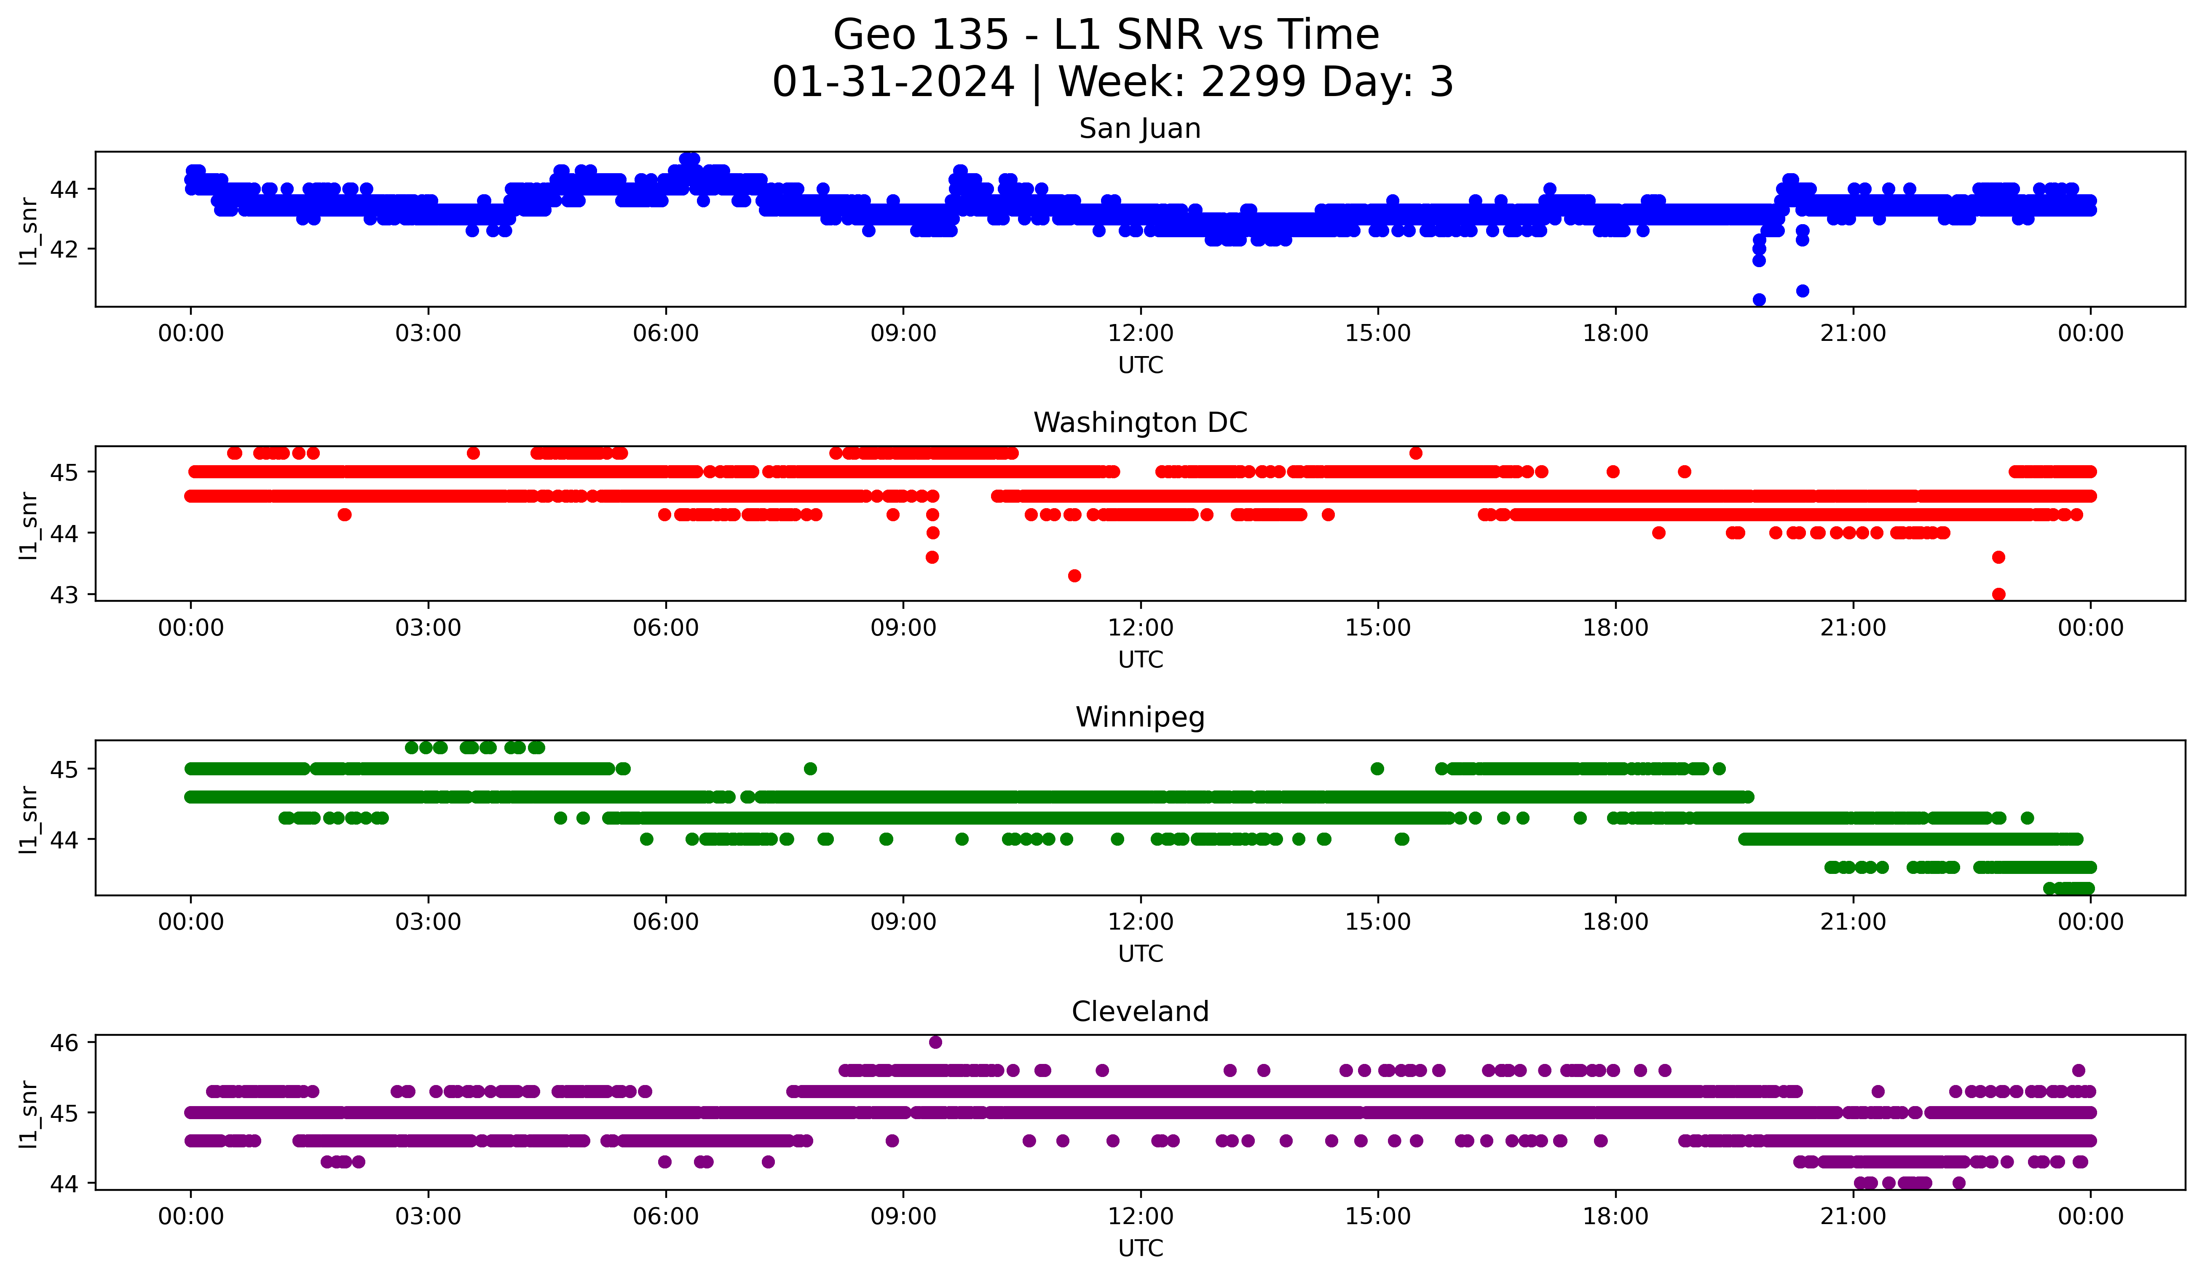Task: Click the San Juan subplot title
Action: (1139, 129)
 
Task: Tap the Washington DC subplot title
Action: (1139, 423)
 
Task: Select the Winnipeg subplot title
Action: (1139, 717)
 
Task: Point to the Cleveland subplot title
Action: (1139, 1012)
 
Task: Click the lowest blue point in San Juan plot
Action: (1759, 300)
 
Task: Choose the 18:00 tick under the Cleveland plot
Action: (1615, 1216)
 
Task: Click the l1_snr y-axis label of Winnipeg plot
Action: (29, 819)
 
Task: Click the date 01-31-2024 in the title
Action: (893, 82)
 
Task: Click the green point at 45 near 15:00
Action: (1377, 769)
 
